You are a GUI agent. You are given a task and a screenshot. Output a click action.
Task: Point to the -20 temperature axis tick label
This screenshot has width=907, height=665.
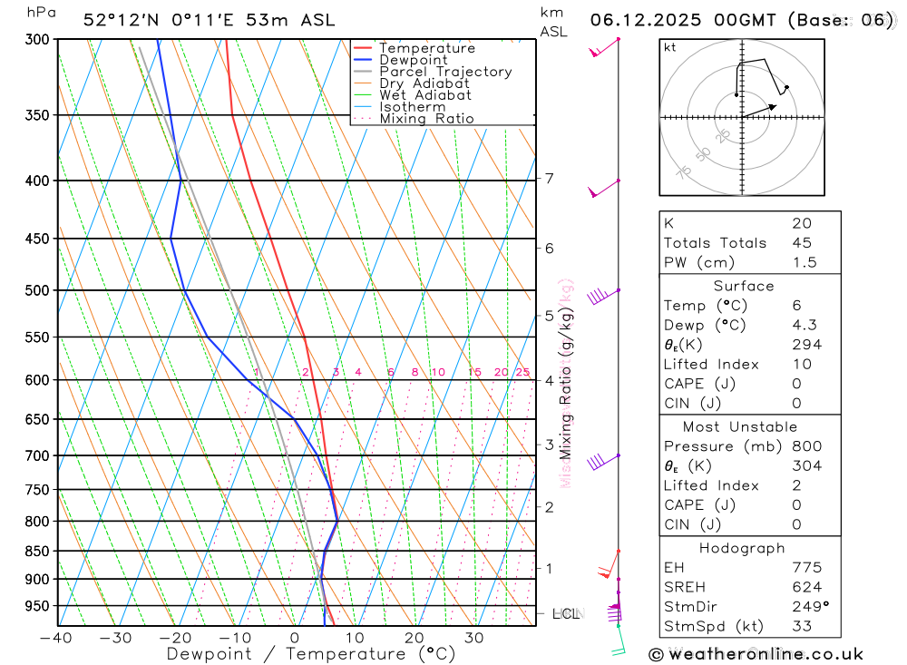pos(175,638)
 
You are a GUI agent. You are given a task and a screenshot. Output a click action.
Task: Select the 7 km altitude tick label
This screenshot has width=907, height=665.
pos(550,178)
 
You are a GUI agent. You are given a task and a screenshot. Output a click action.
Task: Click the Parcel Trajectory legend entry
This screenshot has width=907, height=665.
pos(445,72)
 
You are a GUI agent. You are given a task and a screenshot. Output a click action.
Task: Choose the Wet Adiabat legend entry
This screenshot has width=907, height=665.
pos(425,95)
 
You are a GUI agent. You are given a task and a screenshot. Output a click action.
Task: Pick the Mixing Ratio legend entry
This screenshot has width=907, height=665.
pos(426,119)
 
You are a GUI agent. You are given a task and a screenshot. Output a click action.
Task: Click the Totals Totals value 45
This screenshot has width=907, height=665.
pos(802,243)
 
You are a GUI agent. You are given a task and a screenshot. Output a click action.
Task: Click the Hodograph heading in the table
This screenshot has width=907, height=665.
pos(742,548)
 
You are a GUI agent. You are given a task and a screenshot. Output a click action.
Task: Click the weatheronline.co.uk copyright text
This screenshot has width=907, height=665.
pos(756,653)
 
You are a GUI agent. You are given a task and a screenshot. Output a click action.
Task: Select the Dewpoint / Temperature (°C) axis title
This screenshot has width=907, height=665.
pos(311,654)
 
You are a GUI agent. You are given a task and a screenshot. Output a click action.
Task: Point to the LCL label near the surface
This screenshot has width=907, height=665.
pos(566,614)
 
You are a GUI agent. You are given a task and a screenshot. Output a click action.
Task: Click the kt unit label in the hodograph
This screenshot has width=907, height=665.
pos(670,47)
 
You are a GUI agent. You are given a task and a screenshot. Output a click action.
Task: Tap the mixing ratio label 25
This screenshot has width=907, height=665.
pos(522,372)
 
